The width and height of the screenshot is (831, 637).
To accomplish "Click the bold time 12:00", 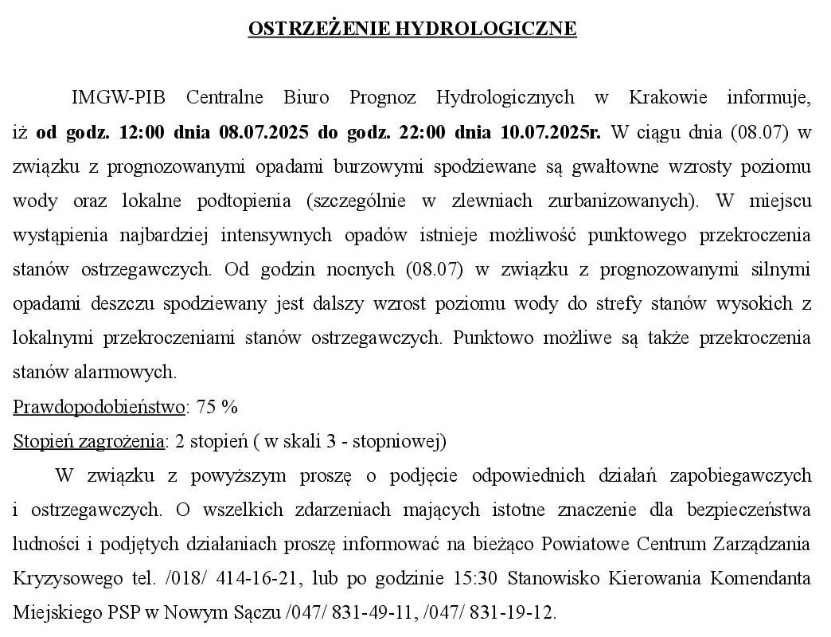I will click(x=141, y=132).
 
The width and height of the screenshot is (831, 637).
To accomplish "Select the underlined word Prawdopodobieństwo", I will click(x=99, y=407).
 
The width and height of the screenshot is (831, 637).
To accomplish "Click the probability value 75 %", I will click(x=217, y=407).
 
